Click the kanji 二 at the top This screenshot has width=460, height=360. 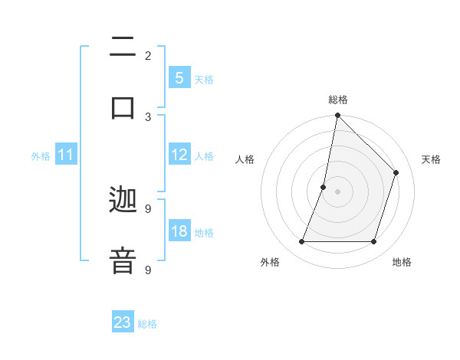click(x=123, y=48)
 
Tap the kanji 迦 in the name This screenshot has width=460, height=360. click(x=123, y=201)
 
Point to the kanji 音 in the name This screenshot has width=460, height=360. click(x=123, y=259)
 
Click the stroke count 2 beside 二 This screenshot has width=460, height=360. click(x=148, y=55)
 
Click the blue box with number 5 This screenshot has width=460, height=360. click(x=179, y=78)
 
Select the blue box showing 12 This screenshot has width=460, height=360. click(x=179, y=155)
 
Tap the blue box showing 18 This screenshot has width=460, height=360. click(x=179, y=231)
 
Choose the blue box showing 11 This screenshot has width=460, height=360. click(x=66, y=155)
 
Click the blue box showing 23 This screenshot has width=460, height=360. click(x=123, y=322)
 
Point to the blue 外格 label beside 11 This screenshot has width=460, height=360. click(x=41, y=156)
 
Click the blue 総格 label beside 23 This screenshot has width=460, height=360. click(x=147, y=324)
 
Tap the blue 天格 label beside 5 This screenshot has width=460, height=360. click(x=204, y=79)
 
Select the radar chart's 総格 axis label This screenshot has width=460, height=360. click(x=338, y=100)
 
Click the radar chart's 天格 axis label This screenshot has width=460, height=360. click(x=431, y=159)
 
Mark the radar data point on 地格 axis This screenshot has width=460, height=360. click(x=373, y=242)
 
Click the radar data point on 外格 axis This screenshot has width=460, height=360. click(x=302, y=242)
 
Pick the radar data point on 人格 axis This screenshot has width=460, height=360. click(x=324, y=187)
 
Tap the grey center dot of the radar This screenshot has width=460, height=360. click(x=337, y=191)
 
